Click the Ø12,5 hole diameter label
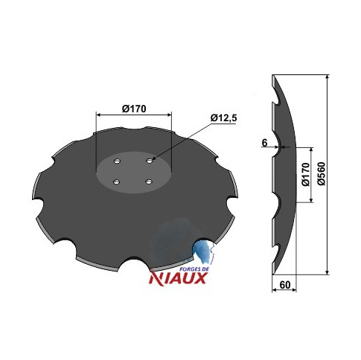point(223,118)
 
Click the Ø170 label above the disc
point(134,109)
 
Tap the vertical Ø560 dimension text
point(322,173)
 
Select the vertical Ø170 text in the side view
point(306,174)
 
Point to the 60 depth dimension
point(285,285)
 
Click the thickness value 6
point(264,143)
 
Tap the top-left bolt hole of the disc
point(117,161)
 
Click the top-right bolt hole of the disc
point(150,161)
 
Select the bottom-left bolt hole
point(116,182)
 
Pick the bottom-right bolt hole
point(149,182)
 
